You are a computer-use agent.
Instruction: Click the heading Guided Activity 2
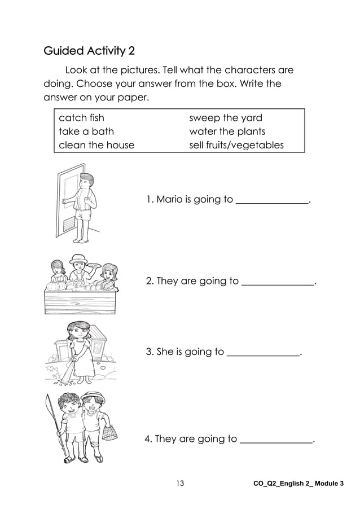coord(89,52)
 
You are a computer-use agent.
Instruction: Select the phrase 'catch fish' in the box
coord(82,118)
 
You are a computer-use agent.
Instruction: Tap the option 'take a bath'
coord(86,131)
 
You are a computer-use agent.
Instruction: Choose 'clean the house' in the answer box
coord(96,145)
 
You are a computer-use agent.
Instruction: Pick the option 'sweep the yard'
coord(225,118)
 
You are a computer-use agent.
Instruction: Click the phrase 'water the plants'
coord(227,131)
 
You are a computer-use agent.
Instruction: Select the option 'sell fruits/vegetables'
coord(236,145)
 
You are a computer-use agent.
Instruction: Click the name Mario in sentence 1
coord(169,199)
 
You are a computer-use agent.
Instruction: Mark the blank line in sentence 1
coord(272,201)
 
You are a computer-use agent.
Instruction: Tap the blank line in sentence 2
coord(277,283)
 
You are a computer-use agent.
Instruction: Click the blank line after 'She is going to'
coord(262,354)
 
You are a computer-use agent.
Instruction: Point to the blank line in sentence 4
coord(276,441)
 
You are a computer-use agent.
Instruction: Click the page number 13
coord(180,483)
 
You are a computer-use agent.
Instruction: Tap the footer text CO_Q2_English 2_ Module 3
coord(299,484)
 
